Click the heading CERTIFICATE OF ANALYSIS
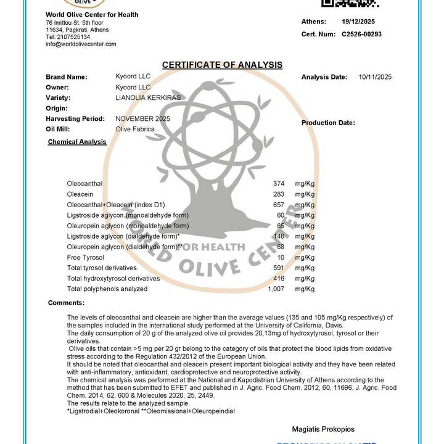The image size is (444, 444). [x=222, y=65]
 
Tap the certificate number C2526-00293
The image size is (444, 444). [x=361, y=35]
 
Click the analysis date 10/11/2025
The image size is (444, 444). [x=375, y=77]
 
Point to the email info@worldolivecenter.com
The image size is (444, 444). [x=81, y=44]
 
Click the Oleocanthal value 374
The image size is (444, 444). [x=278, y=184]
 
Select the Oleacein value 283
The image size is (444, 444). [x=278, y=194]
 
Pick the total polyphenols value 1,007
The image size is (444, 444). [x=276, y=289]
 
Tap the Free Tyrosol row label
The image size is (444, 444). [x=86, y=257]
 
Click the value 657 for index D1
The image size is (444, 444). [x=278, y=205]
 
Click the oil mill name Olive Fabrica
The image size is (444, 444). [x=135, y=129]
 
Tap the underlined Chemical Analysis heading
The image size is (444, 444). [x=77, y=142]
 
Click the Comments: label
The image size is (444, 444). [x=66, y=303]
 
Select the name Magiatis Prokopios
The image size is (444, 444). [x=323, y=429]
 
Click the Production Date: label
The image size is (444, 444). [x=328, y=123]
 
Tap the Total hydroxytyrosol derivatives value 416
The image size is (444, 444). [x=278, y=278]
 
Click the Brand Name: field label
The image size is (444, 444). [x=67, y=77]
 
